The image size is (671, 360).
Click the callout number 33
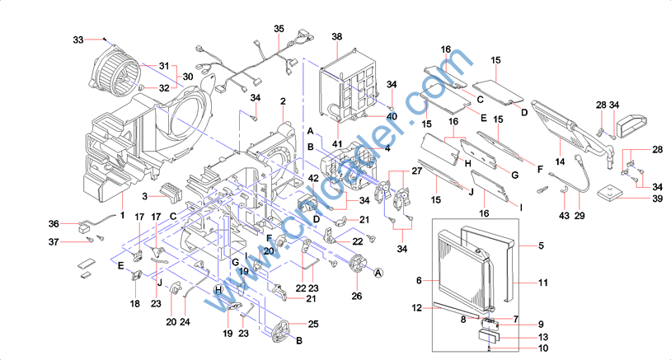78,40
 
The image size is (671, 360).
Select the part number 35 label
279,29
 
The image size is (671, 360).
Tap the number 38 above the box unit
336,37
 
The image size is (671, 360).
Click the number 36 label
54,223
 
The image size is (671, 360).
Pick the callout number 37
54,241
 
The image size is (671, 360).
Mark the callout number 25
314,325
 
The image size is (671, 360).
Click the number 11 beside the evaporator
543,283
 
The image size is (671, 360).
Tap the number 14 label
559,162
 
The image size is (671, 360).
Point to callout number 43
564,216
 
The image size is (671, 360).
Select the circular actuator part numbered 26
359,265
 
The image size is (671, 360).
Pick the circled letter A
379,273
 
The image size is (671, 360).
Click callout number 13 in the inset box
542,337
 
